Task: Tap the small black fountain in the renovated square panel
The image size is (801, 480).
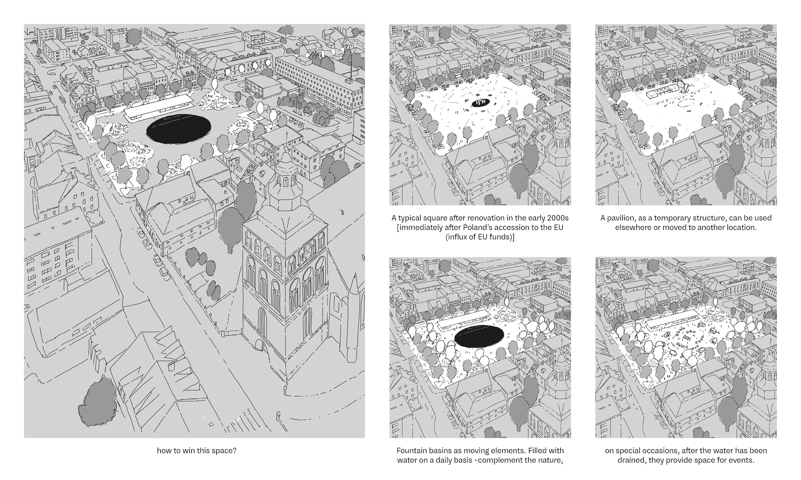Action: click(x=480, y=103)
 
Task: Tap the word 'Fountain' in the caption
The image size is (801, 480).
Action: click(x=410, y=450)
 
